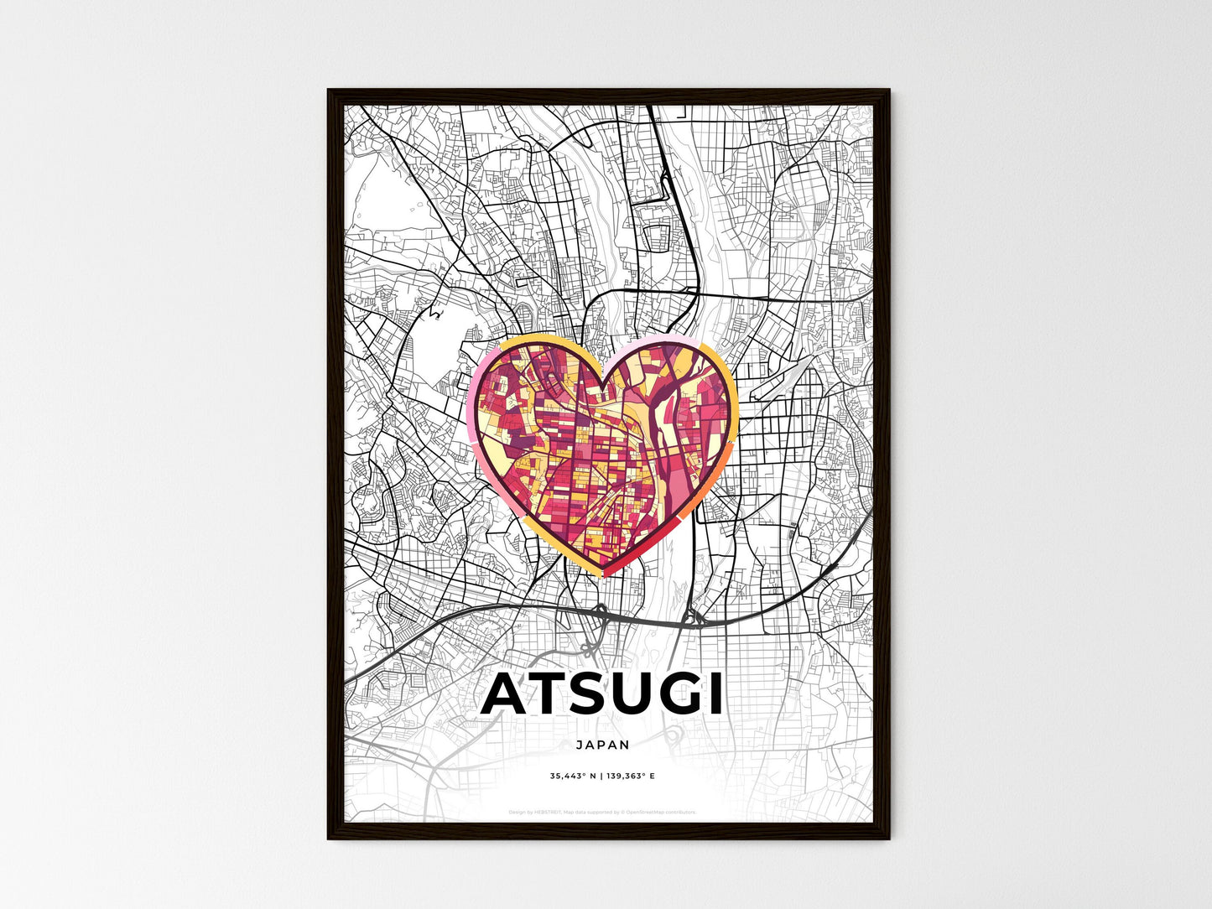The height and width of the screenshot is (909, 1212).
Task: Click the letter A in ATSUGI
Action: [508, 694]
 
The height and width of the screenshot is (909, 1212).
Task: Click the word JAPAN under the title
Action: [603, 744]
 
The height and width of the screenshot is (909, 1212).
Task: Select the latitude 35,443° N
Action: [573, 776]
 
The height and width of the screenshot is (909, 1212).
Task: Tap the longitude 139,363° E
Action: [632, 776]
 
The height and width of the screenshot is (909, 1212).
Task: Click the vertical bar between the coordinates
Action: [602, 776]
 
